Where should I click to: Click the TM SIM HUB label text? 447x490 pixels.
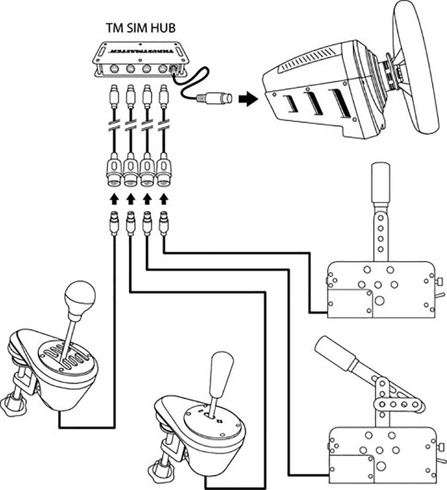140,28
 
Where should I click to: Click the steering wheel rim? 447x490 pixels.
419,67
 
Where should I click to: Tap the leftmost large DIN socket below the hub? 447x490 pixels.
114,173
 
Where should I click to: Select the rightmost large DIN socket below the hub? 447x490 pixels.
164,173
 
